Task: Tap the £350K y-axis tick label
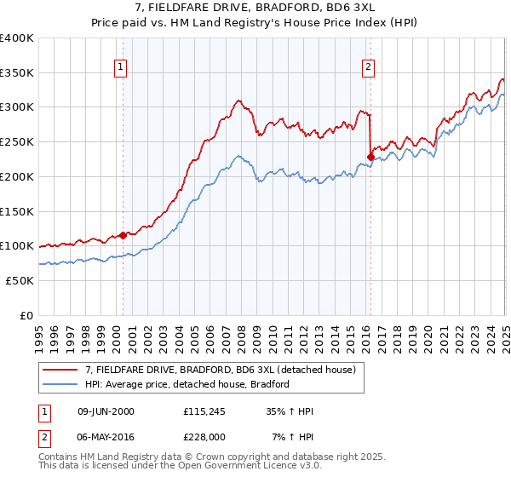coord(17,72)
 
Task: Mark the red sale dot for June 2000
coord(123,235)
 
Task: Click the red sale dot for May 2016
coord(370,157)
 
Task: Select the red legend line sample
coord(61,370)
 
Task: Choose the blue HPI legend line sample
coord(61,384)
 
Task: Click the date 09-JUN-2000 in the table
coord(106,411)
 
